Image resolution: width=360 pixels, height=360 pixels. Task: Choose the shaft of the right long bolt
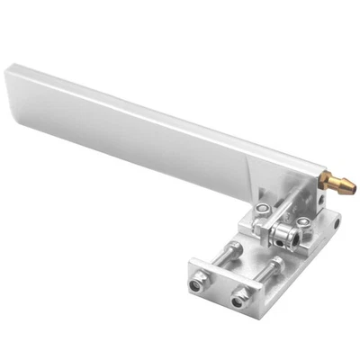[x=254, y=274]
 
